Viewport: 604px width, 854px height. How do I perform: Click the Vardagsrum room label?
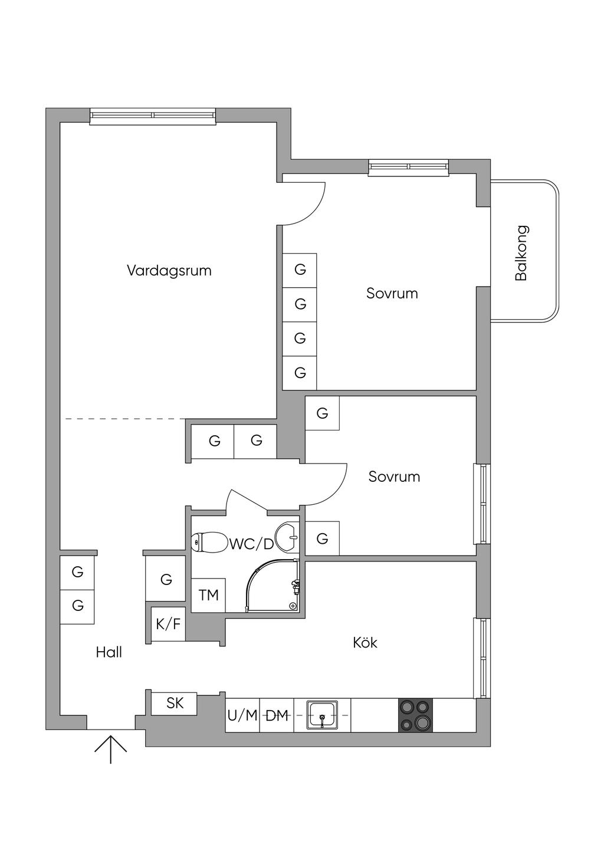click(169, 271)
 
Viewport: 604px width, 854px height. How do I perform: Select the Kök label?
click(365, 642)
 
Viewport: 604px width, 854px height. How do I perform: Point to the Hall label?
click(109, 652)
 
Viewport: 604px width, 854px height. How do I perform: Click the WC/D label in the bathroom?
click(252, 544)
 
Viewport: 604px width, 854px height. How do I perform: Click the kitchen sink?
click(322, 715)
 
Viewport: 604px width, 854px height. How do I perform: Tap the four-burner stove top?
click(415, 715)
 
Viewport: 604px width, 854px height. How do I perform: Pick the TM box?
click(208, 595)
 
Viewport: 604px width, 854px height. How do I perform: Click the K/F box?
click(168, 624)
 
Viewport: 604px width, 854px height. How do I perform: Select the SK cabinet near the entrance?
click(175, 703)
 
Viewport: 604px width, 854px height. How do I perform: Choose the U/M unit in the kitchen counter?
click(242, 715)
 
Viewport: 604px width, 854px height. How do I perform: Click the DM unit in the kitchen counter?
click(277, 715)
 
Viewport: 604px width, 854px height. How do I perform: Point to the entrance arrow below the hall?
click(111, 747)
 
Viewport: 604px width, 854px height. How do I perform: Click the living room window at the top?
click(153, 116)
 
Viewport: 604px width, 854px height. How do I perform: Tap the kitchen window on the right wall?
click(482, 658)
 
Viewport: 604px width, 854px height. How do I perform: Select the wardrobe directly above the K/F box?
click(166, 579)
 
